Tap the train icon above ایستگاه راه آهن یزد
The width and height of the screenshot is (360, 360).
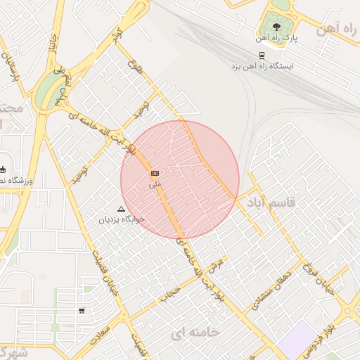coord(262,55)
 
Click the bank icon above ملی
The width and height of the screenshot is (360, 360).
coord(155,173)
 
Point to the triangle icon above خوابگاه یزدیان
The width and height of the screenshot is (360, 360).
coord(122,209)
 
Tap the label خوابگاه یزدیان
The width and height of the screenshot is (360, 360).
coord(122,219)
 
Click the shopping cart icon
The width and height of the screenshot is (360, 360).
coord(82,311)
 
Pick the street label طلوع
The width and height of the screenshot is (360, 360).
coord(135,68)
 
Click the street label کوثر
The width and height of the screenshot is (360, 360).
coord(116,35)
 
